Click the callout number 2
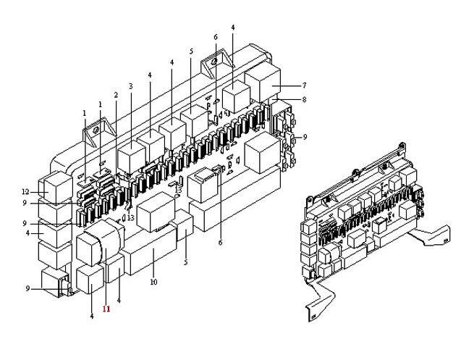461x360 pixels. click(x=116, y=95)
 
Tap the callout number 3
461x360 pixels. click(x=131, y=86)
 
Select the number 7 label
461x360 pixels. click(x=304, y=85)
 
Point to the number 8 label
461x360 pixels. click(x=304, y=99)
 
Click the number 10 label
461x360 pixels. click(x=153, y=282)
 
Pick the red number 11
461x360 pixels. click(x=106, y=309)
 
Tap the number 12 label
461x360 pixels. click(x=25, y=192)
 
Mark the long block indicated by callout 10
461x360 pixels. click(x=151, y=251)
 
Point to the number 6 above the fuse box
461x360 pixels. click(x=216, y=38)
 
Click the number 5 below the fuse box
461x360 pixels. click(x=185, y=262)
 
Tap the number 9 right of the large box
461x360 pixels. click(x=305, y=137)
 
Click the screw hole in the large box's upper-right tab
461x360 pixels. click(x=214, y=62)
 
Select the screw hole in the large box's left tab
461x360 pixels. click(x=95, y=130)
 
